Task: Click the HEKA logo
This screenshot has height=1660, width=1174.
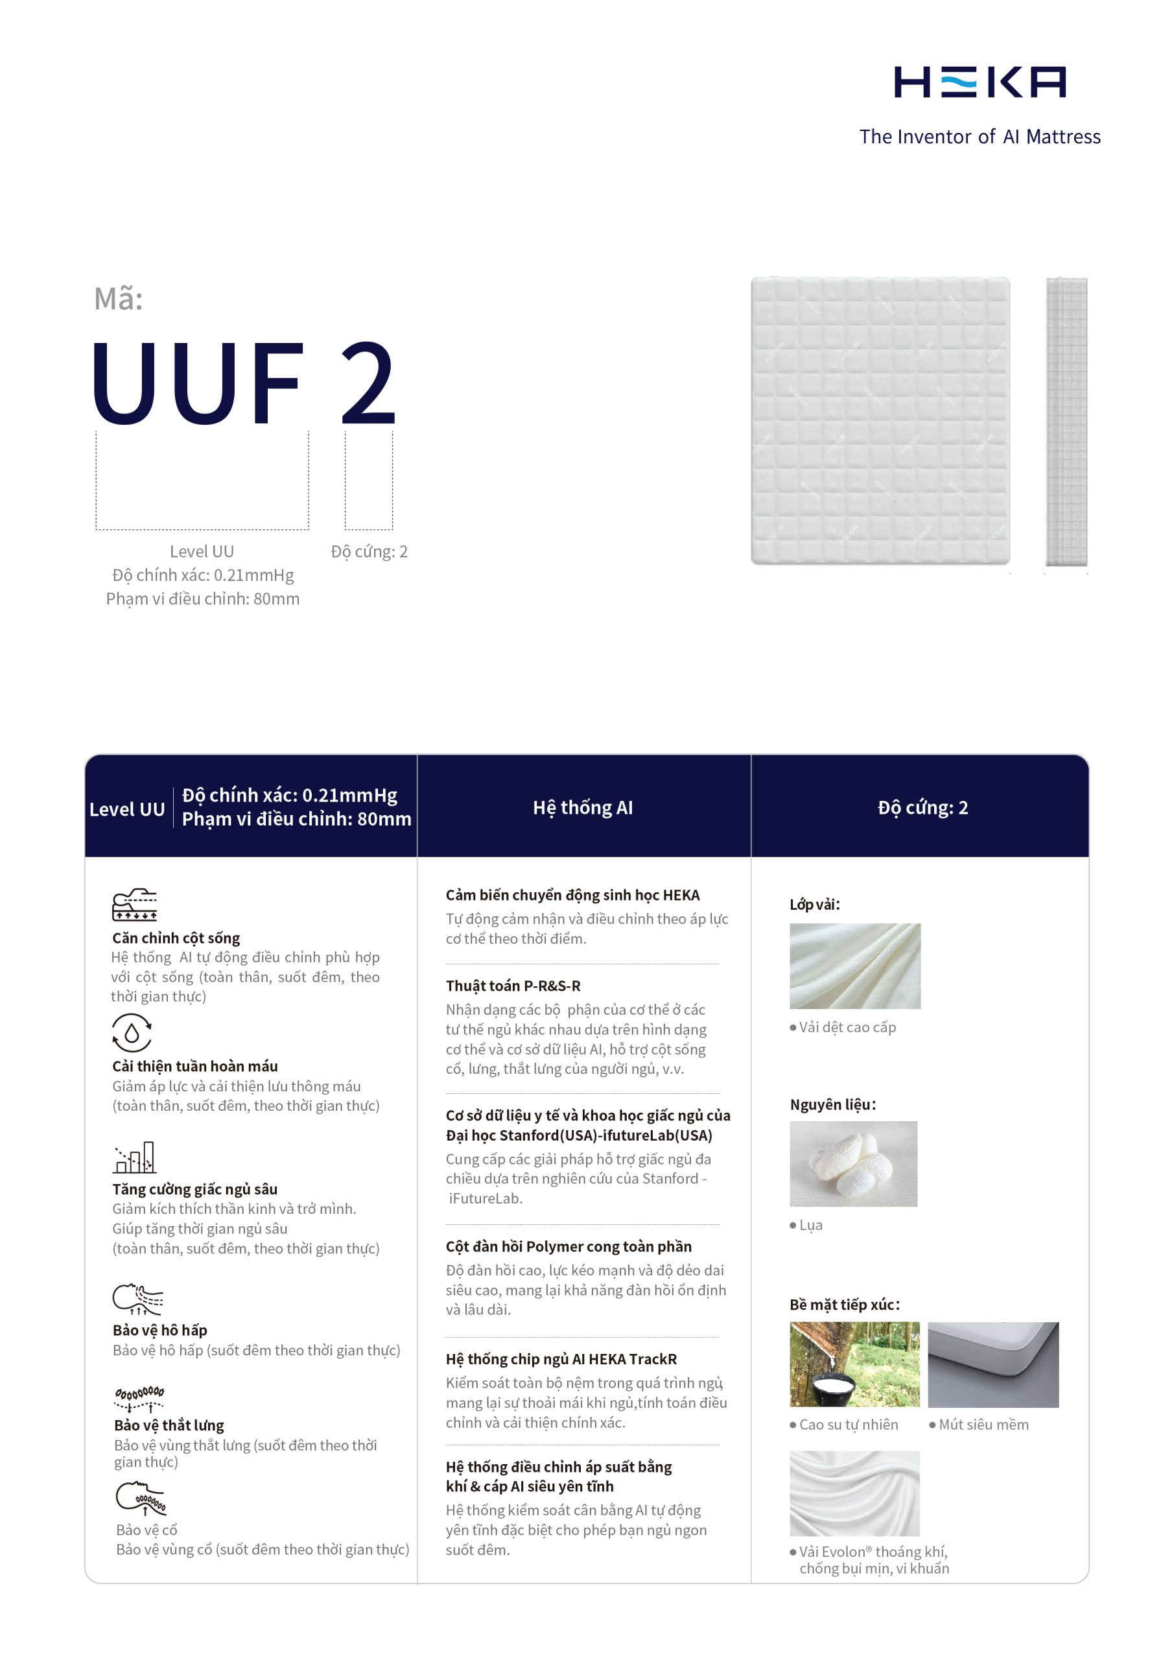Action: click(980, 82)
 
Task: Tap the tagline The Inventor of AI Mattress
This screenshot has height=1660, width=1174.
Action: click(980, 137)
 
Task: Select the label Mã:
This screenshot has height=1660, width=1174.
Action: click(119, 298)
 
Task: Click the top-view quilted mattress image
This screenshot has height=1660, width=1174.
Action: click(880, 420)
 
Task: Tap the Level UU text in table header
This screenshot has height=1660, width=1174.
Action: click(127, 809)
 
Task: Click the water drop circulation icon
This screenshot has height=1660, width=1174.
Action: click(132, 1032)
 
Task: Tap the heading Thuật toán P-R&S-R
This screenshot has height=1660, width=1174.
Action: click(513, 986)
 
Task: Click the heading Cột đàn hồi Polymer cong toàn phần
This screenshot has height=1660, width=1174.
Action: click(569, 1246)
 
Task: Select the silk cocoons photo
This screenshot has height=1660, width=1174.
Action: click(853, 1164)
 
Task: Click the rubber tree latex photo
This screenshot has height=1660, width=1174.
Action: click(854, 1364)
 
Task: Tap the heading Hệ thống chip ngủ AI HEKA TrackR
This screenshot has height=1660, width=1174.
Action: click(561, 1359)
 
